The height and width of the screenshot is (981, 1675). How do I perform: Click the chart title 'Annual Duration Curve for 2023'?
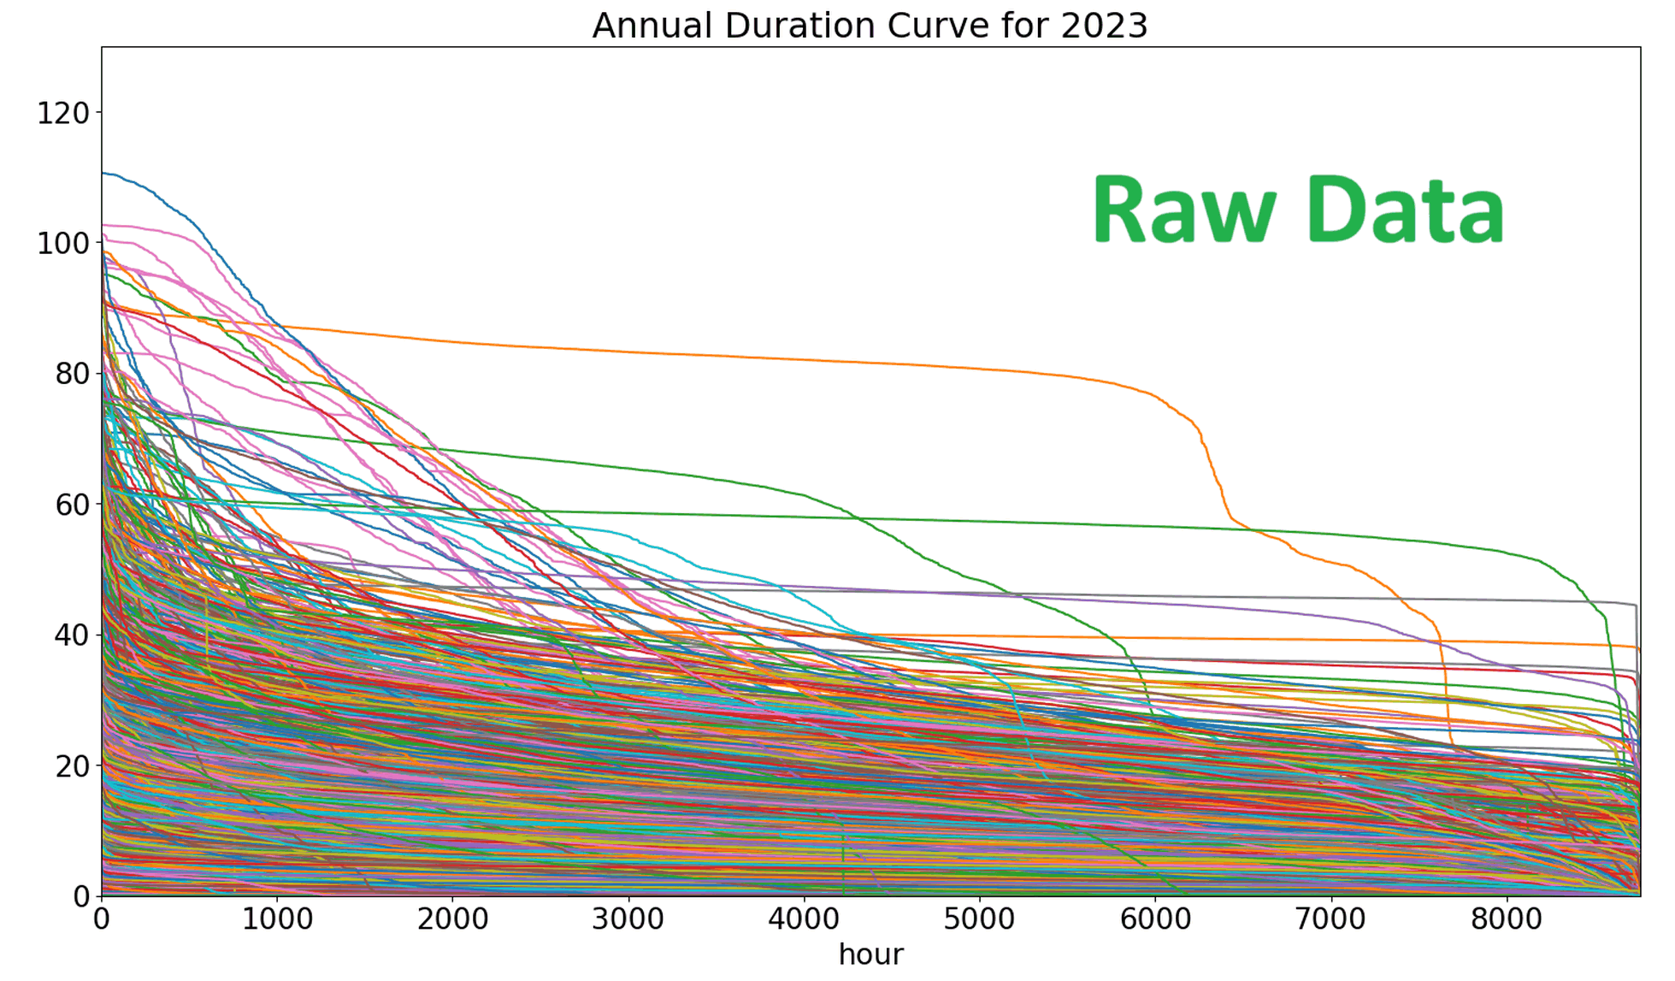click(870, 26)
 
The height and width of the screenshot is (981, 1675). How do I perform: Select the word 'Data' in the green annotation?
click(1405, 210)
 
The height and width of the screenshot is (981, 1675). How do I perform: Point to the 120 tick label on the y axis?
click(63, 113)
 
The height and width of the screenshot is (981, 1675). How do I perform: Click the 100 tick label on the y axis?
click(63, 244)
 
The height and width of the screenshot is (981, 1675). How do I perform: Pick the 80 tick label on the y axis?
click(72, 374)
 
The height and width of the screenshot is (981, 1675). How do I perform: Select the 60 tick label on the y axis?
click(72, 505)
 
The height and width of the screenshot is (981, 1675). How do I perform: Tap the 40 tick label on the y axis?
click(72, 635)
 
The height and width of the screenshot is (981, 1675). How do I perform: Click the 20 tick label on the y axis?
click(72, 766)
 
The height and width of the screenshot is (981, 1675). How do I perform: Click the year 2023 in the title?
click(1104, 26)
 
